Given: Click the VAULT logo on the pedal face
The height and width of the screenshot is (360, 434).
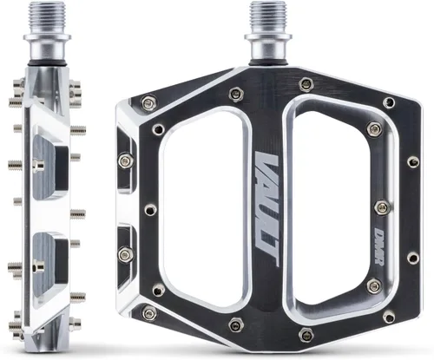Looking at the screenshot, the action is [266, 210].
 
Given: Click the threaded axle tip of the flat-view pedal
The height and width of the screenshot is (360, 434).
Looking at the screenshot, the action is [268, 16].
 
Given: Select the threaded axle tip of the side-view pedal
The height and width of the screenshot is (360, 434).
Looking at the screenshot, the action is [47, 16].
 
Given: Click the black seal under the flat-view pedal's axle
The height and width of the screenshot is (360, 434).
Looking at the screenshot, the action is [268, 63].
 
